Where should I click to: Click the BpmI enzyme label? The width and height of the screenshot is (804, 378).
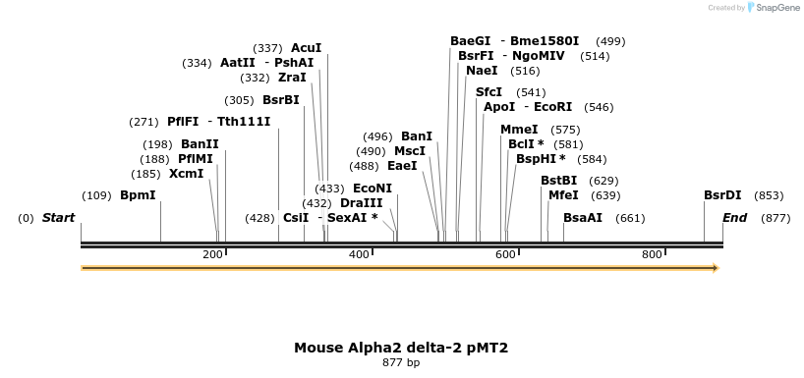(x=138, y=195)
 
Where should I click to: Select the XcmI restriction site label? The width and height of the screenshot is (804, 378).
(x=186, y=174)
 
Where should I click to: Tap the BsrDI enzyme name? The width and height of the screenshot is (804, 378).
(x=722, y=195)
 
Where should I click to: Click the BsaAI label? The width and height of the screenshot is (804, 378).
(x=583, y=218)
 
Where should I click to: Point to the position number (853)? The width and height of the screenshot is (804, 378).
(x=769, y=195)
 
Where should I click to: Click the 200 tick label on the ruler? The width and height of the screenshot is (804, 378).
(x=212, y=255)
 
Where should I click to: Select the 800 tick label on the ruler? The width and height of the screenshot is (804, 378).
(x=652, y=255)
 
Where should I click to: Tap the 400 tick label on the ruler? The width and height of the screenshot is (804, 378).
(x=359, y=255)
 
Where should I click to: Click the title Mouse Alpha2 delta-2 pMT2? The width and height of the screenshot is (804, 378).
(x=401, y=348)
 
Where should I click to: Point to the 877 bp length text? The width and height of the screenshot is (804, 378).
(x=401, y=363)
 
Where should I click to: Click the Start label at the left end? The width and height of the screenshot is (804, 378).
(x=58, y=218)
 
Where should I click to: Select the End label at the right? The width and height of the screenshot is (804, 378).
(x=734, y=218)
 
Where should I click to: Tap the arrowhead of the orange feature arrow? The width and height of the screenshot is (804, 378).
(x=716, y=268)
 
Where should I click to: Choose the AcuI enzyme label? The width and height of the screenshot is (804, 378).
(x=307, y=48)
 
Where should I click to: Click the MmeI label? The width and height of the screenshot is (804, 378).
(x=519, y=130)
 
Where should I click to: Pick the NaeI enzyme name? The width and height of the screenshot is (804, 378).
(x=482, y=71)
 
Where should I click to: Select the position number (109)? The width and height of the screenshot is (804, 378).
(x=96, y=195)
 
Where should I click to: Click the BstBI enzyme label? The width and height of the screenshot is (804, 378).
(x=558, y=181)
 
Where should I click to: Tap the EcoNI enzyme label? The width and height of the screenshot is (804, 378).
(x=372, y=189)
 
